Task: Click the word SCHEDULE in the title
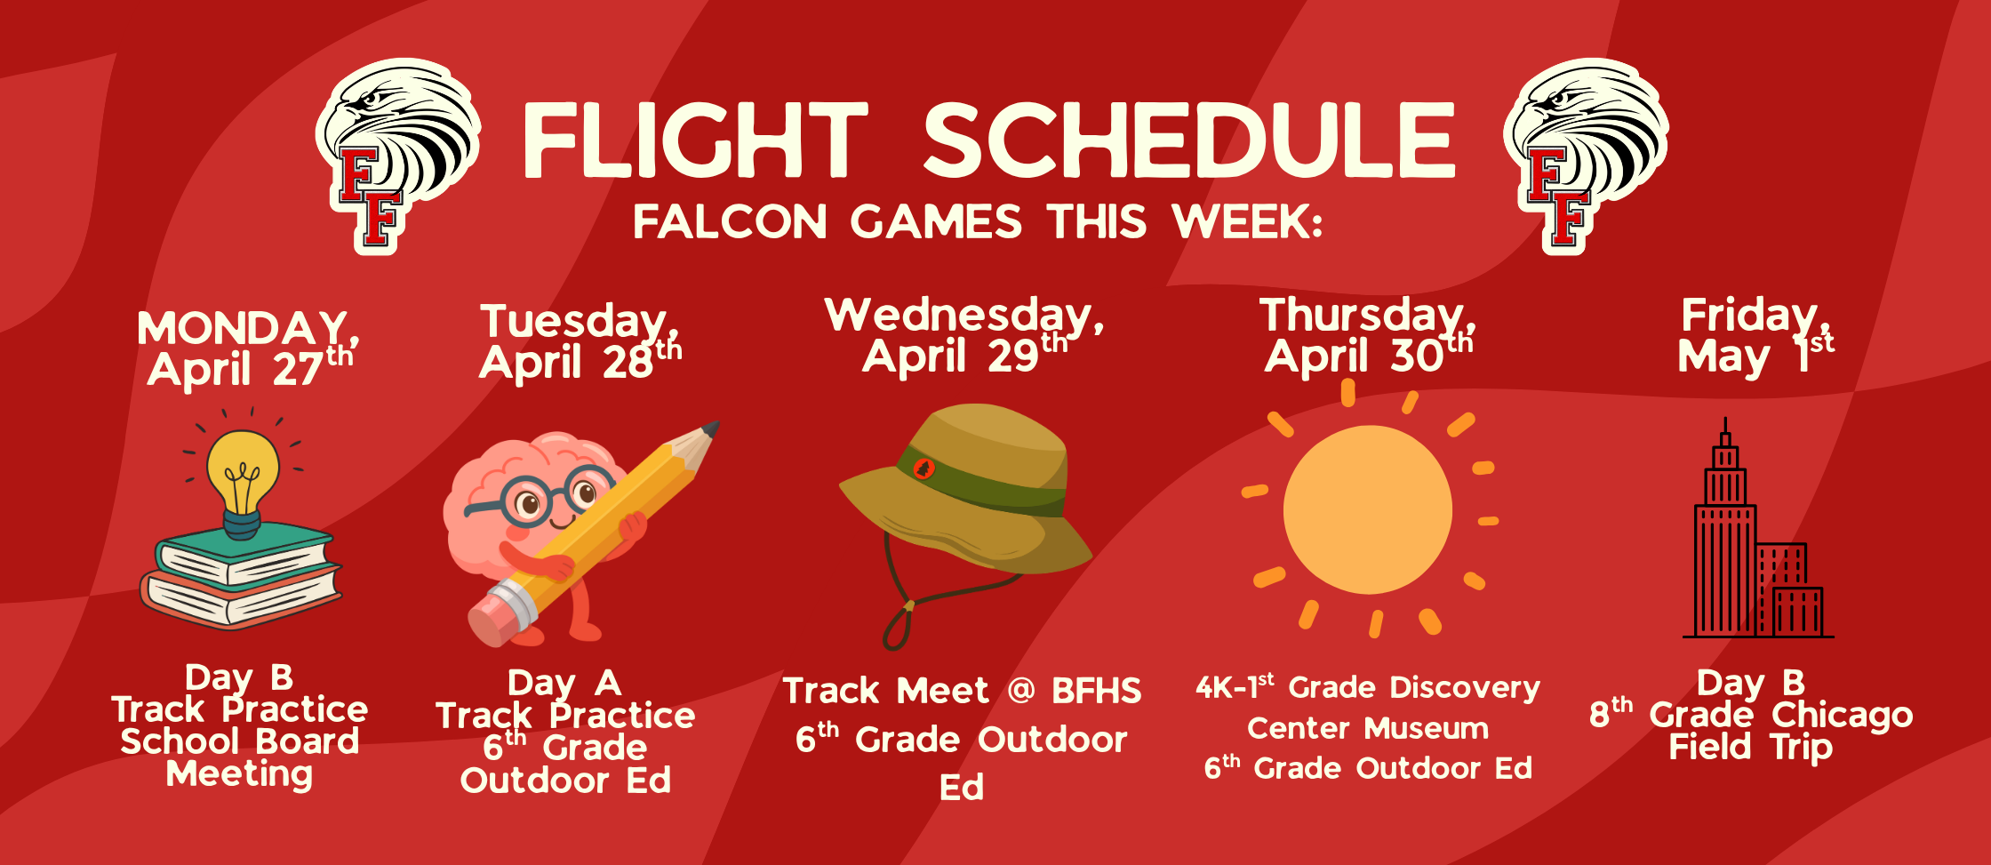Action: click(x=1189, y=140)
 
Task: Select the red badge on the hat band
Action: click(x=924, y=469)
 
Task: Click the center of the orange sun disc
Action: click(x=1368, y=509)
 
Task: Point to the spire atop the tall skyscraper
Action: click(x=1725, y=430)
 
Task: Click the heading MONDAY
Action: click(x=243, y=328)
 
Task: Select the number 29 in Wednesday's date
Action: click(x=1012, y=356)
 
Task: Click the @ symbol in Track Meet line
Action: click(x=1021, y=690)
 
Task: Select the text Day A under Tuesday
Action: click(x=564, y=683)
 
